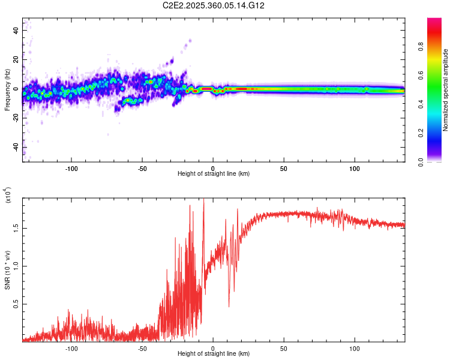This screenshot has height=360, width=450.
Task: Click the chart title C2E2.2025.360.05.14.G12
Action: pos(214,5)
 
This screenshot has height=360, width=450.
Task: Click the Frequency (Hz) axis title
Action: pos(8,90)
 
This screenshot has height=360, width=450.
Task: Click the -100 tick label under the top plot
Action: pos(71,167)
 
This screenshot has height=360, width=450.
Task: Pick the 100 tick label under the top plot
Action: pos(355,167)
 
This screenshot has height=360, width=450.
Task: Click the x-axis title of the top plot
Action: pos(214,173)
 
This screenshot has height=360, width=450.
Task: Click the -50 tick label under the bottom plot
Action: pos(142,347)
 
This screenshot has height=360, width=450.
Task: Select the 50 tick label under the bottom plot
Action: pos(283,347)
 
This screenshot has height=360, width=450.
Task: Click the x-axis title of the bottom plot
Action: pos(214,353)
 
